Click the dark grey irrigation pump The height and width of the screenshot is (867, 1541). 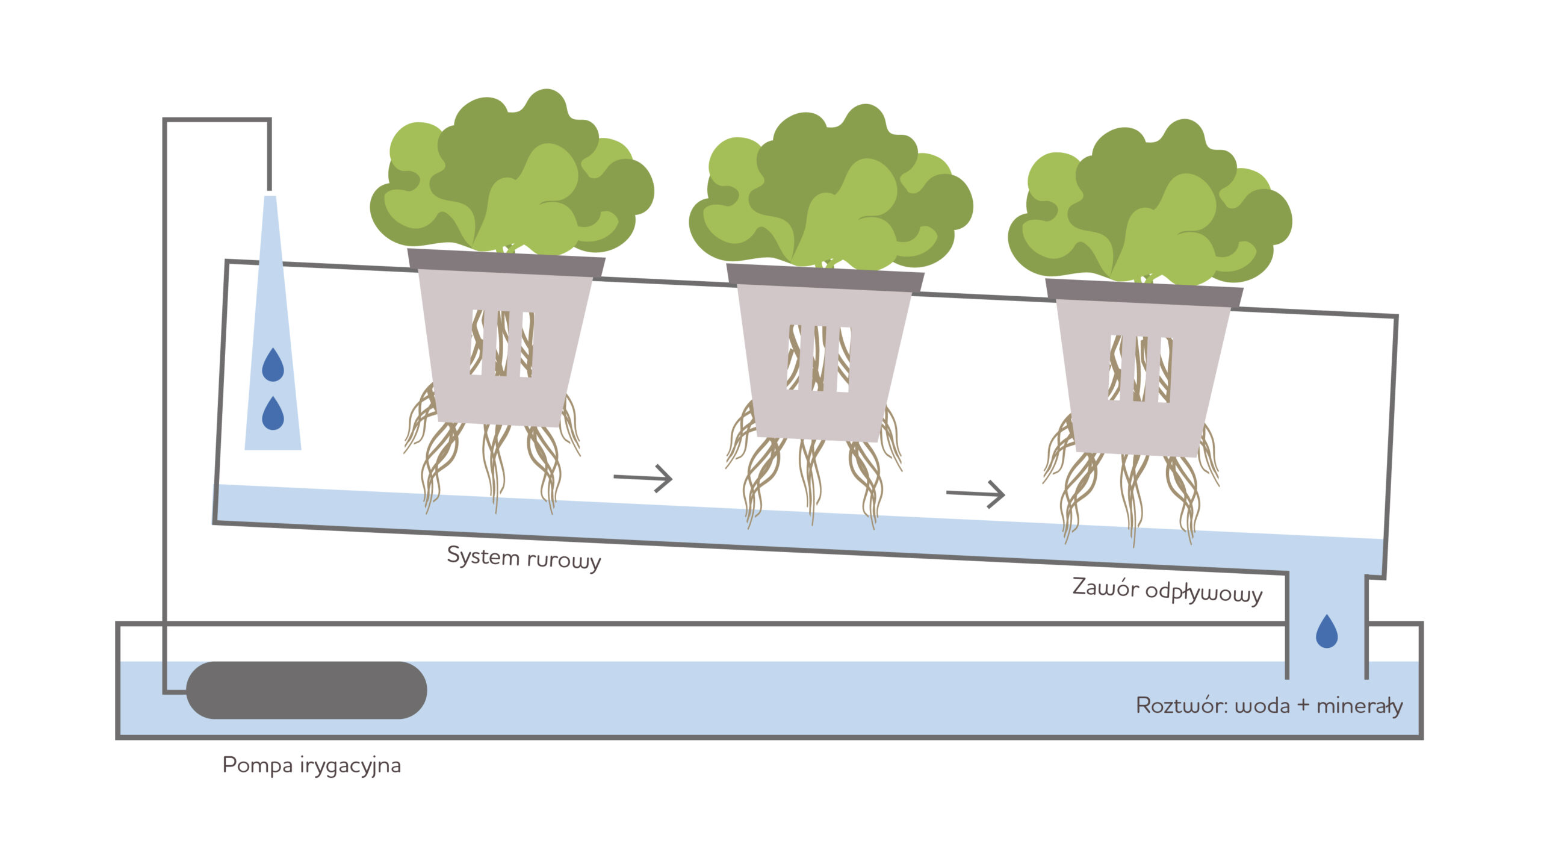(306, 690)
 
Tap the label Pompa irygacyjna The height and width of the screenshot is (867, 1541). (311, 765)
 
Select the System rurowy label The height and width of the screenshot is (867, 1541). (524, 558)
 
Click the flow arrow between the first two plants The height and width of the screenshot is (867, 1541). (643, 478)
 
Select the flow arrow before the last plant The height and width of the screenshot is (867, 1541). (975, 494)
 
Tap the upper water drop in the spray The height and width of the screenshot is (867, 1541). (273, 365)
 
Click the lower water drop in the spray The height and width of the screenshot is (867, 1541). (273, 414)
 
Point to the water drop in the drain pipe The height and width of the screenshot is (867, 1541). (1327, 632)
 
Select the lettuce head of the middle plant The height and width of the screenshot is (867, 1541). (831, 193)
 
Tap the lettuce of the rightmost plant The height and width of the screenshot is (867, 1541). (1150, 208)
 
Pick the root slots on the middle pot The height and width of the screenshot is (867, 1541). (819, 359)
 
